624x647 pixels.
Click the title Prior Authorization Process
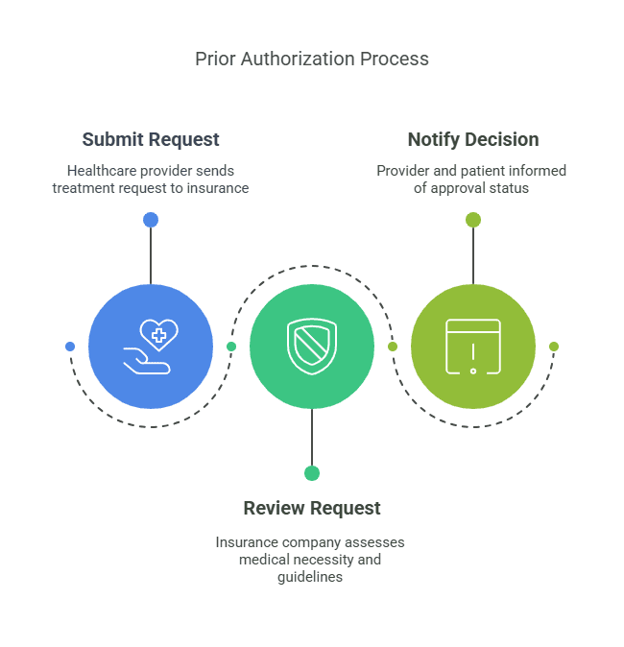coord(312,59)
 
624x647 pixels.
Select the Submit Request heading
coord(151,139)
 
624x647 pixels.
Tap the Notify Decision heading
coord(472,139)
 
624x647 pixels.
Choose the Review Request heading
coord(312,508)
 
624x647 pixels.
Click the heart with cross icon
coord(158,334)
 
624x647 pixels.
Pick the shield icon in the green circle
coord(312,347)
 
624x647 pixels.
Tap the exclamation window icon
coord(473,347)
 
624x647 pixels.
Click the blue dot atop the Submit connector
coord(151,220)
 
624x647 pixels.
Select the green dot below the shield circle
coord(312,473)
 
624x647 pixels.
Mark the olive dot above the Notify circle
coord(473,220)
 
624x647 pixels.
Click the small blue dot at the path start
coord(70,347)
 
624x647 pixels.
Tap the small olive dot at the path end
coord(554,347)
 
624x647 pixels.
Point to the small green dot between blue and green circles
coord(231,347)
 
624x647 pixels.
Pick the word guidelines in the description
coord(312,577)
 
